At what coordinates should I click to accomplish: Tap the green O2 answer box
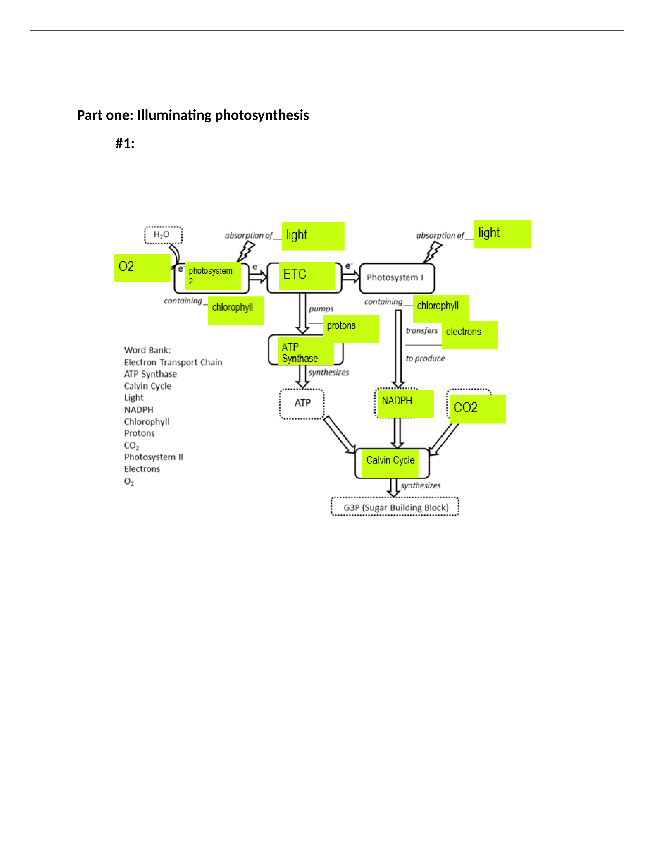point(142,268)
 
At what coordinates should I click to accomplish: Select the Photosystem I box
point(397,278)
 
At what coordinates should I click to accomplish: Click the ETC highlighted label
point(307,276)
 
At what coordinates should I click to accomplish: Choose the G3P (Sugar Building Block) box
point(395,506)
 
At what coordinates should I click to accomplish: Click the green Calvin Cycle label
point(390,463)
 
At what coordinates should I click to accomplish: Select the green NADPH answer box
point(406,404)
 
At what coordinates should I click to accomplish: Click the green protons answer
point(351,329)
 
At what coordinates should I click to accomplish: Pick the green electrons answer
point(470,335)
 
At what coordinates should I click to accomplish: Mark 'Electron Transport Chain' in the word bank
point(173,362)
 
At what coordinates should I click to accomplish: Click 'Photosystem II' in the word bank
point(153,457)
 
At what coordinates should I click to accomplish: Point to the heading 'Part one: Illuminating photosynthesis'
point(193,115)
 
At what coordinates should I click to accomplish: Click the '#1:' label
point(125,143)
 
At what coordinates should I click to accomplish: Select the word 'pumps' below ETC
point(321,309)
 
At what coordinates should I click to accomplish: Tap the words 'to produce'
point(425,358)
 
